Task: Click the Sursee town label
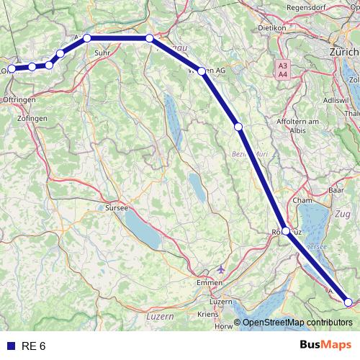pos(116,207)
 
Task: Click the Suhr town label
pos(102,53)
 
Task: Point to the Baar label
pos(336,191)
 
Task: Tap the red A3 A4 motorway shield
pos(283,69)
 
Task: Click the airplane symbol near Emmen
pos(220,268)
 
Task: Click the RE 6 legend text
pos(34,346)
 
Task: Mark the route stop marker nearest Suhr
pos(86,37)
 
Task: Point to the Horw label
pos(225,326)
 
